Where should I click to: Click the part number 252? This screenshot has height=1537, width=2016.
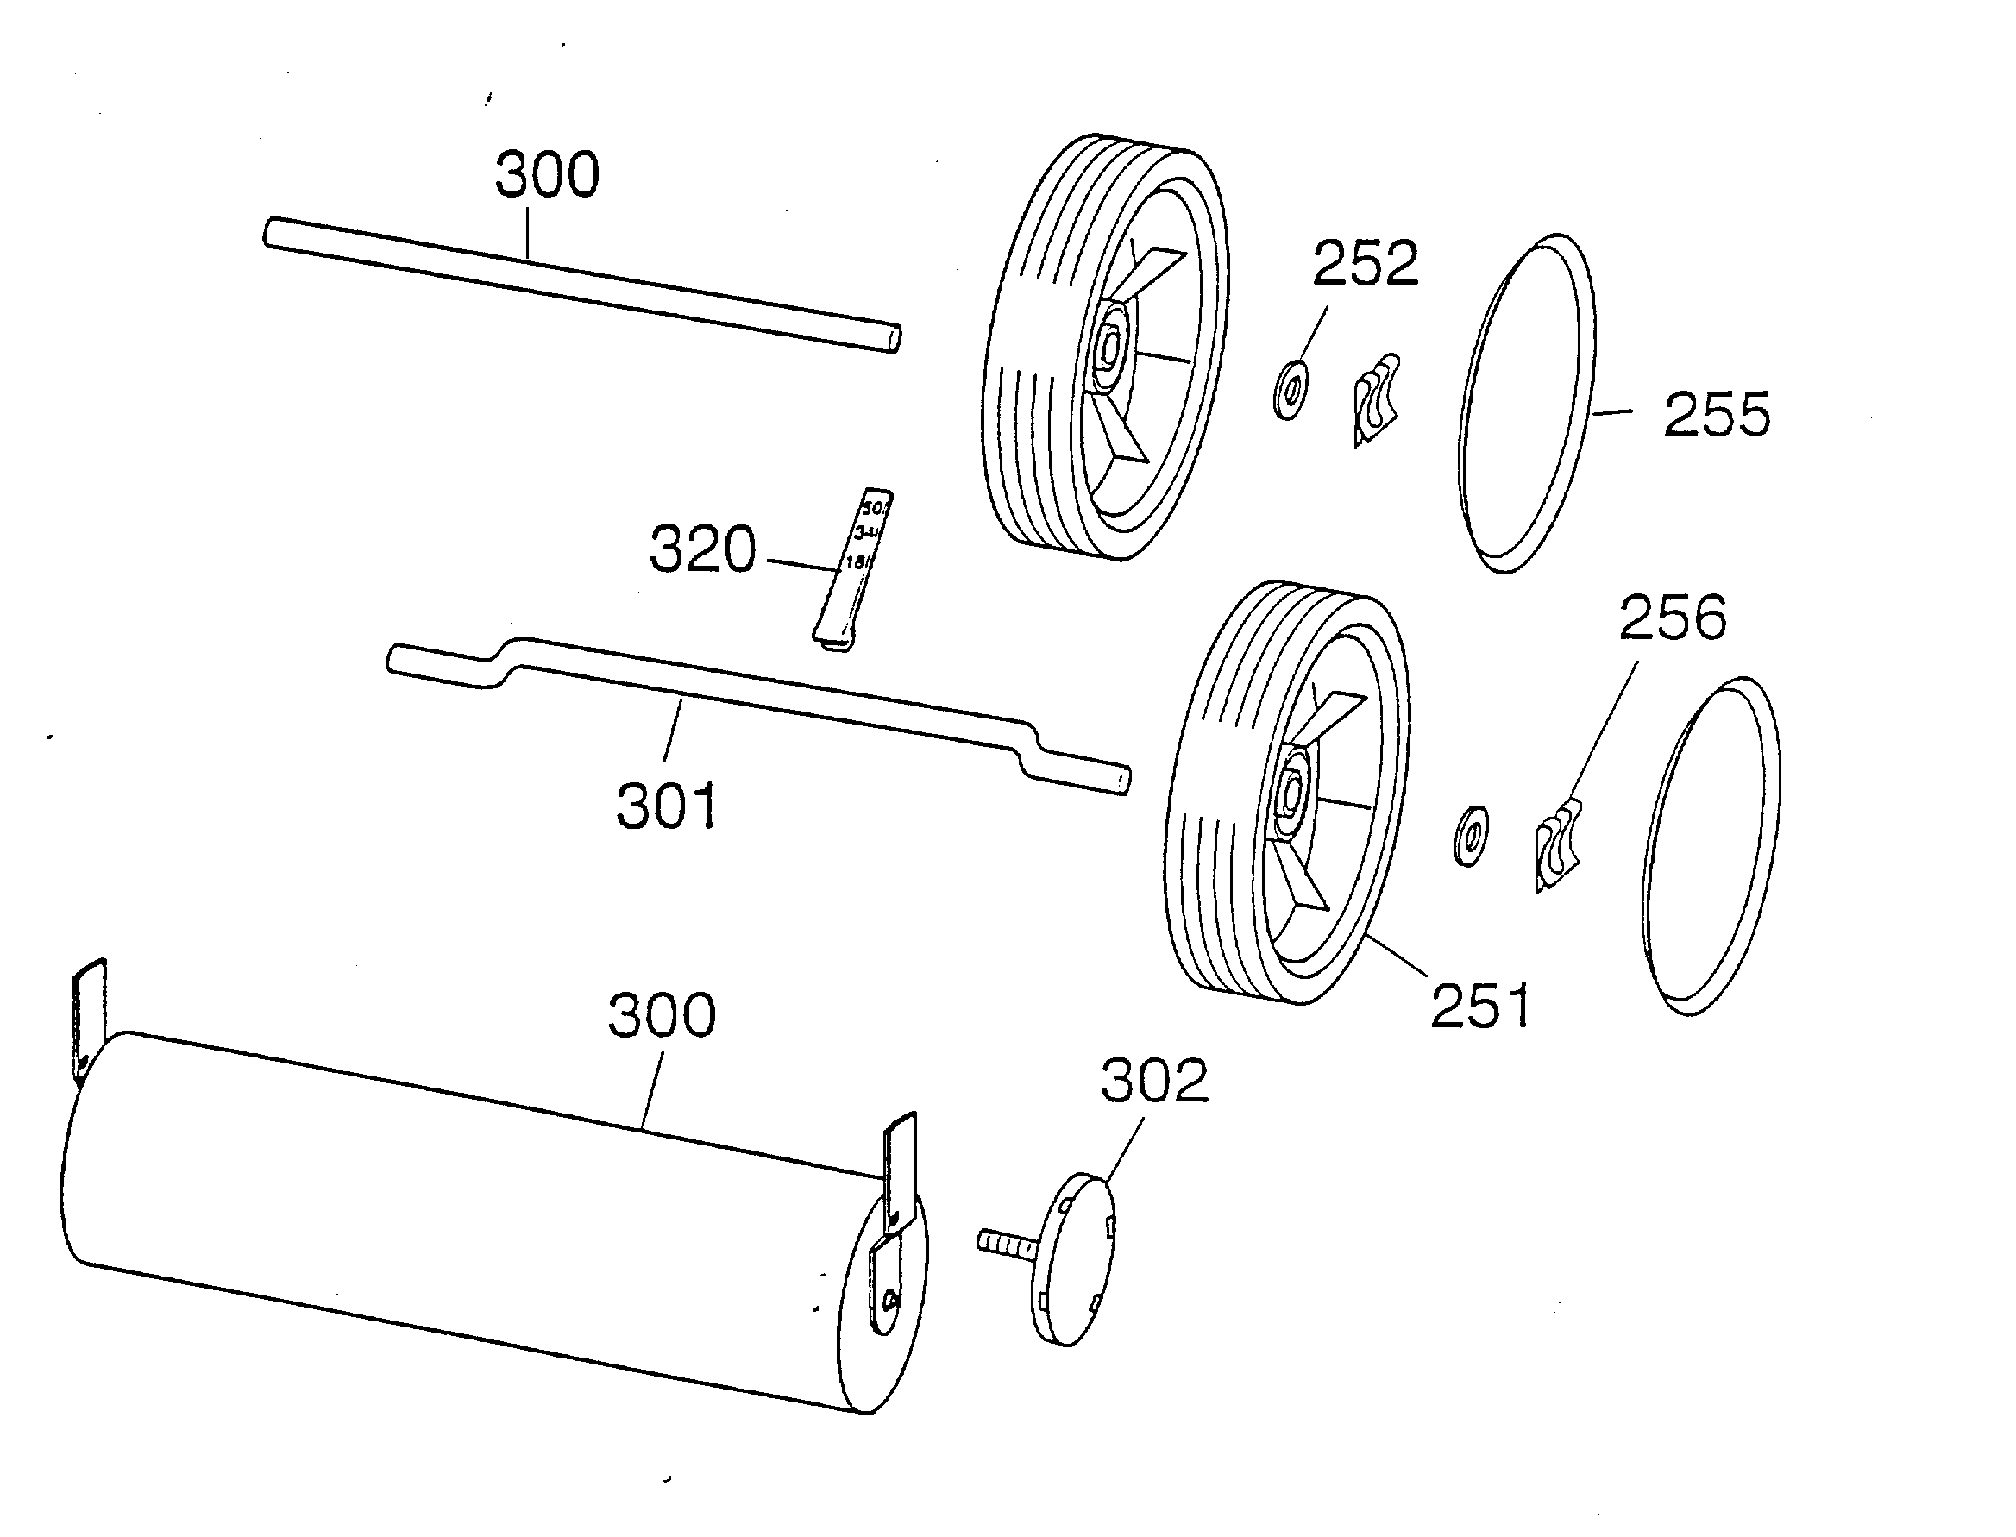1366,263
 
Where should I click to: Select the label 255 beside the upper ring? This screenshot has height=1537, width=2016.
1717,415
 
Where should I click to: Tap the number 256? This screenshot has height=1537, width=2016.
1673,618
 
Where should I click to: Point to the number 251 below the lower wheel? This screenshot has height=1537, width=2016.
1479,1007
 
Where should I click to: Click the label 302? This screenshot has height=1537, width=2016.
1154,1082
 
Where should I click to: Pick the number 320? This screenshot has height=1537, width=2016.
703,549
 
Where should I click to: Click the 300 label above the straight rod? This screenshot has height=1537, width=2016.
547,175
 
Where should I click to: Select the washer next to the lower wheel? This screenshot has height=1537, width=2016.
1470,836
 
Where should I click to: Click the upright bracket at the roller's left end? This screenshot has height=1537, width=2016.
89,1016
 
